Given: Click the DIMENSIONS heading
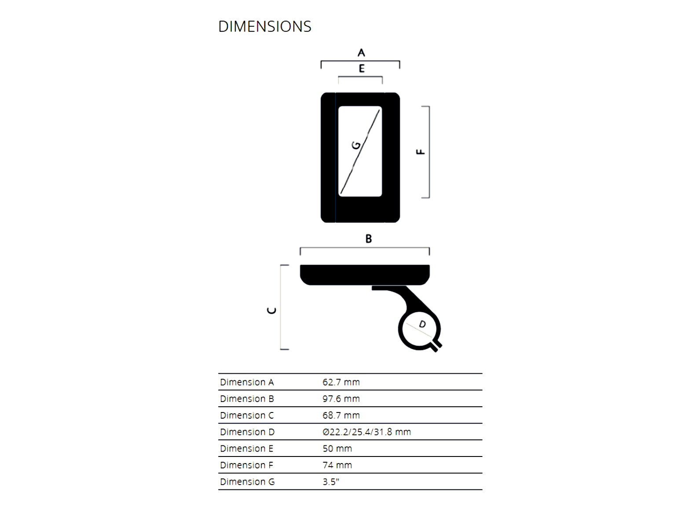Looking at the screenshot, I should tap(264, 26).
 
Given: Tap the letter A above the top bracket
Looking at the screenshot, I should tap(361, 53).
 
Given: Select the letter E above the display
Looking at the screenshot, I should tap(362, 69).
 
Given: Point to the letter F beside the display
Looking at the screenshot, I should tap(421, 152).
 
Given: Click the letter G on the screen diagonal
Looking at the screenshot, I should tap(356, 145).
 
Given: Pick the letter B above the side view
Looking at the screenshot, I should tap(369, 239).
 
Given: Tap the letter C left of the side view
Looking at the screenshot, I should tap(272, 310).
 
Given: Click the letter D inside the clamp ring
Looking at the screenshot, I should tap(422, 324).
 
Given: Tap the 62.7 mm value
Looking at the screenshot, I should tap(341, 382).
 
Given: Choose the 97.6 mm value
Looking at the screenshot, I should tap(341, 399).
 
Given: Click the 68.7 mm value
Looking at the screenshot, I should tap(341, 416).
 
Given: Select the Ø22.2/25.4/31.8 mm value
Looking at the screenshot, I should tap(366, 432).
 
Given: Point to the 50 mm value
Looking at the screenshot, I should tap(337, 449).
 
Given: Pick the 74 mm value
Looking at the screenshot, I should tap(337, 465).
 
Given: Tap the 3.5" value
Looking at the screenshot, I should tap(331, 482).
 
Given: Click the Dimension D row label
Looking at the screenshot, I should tap(247, 432).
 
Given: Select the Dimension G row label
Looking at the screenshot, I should tap(247, 482).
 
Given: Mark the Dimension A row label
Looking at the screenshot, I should tap(247, 382).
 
